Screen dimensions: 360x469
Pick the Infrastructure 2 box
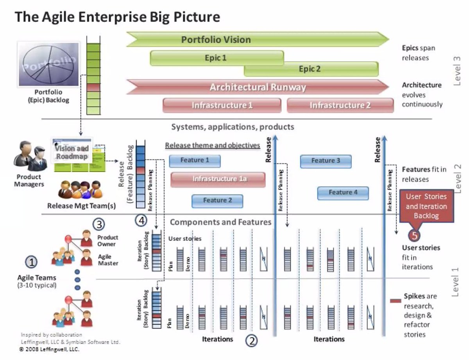(340, 105)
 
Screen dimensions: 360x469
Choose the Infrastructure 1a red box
(218, 179)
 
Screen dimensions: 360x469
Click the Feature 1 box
(195, 160)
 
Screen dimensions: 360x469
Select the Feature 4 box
(343, 192)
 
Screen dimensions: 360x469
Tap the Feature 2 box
(217, 201)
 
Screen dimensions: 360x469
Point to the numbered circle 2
(252, 340)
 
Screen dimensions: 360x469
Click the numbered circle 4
(142, 221)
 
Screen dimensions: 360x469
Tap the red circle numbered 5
(415, 236)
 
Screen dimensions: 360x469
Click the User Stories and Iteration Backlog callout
(426, 206)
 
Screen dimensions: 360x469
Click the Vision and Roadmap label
(72, 152)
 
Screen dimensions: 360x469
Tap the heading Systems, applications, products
(233, 127)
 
